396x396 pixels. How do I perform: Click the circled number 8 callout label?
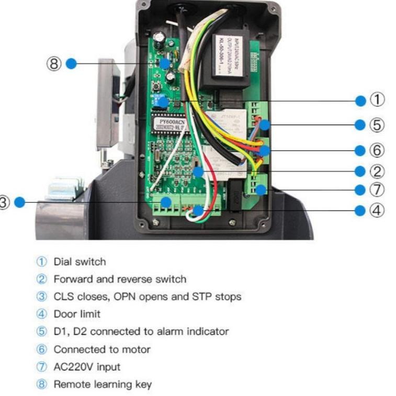coord(55,64)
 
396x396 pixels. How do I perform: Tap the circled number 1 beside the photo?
coord(378,99)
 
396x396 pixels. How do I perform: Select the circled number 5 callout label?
coord(378,125)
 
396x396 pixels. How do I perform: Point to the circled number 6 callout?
coord(378,150)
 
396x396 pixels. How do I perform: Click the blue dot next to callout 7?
coord(359,190)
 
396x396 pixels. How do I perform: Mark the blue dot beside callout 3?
coord(19,202)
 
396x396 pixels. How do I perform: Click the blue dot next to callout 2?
coord(359,171)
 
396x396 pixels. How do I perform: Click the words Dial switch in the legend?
coord(80,262)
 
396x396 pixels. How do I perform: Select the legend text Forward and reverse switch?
coord(119,279)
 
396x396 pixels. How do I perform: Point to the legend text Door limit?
coord(77,314)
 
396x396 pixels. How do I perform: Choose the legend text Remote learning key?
coord(103,384)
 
